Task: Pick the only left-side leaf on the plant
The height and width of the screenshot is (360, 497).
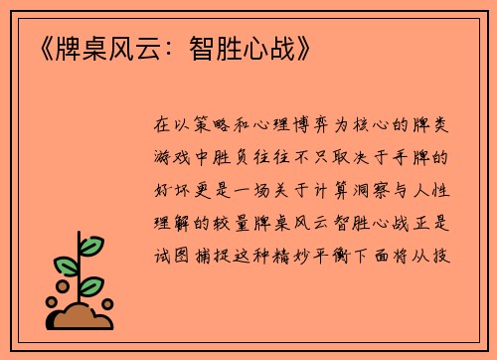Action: click(x=66, y=266)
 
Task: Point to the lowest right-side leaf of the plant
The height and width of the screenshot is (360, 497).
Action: click(x=91, y=286)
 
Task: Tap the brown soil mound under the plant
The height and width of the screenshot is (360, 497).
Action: click(x=82, y=317)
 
